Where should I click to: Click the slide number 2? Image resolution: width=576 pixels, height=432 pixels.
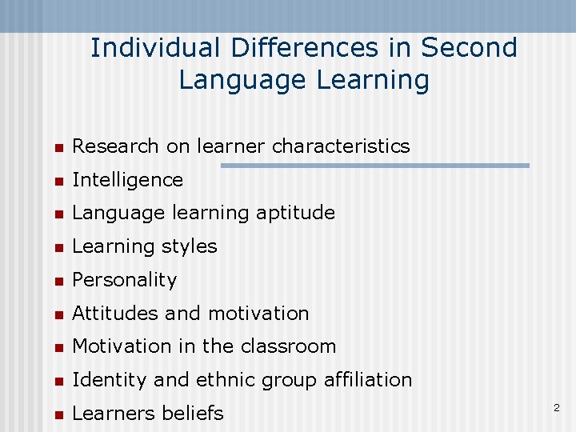click(x=557, y=409)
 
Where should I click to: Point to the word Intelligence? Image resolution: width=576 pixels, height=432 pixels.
click(x=127, y=180)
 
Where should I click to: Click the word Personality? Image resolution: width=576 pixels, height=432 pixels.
click(x=124, y=280)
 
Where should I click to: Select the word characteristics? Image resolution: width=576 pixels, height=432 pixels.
click(x=341, y=146)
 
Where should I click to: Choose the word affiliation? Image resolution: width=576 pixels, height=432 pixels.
click(x=368, y=380)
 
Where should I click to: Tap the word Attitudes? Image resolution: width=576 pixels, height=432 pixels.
click(x=115, y=314)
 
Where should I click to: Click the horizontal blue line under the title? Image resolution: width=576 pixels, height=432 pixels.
click(x=374, y=166)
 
